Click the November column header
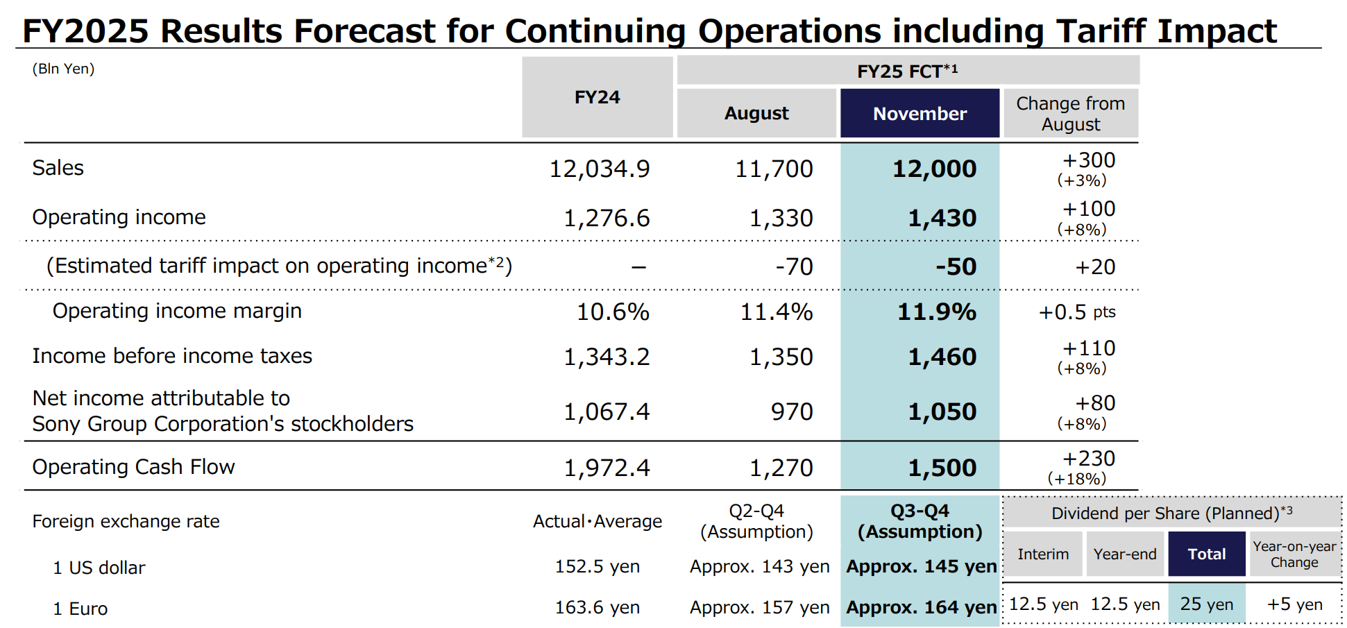pyautogui.click(x=920, y=114)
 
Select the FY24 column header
pyautogui.click(x=597, y=97)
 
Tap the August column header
pyautogui.click(x=756, y=113)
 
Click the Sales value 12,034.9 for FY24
pyautogui.click(x=600, y=169)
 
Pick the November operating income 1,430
pyautogui.click(x=942, y=219)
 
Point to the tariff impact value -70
pyautogui.click(x=794, y=266)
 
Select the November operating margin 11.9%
pyautogui.click(x=937, y=312)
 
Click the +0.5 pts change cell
pyautogui.click(x=1076, y=312)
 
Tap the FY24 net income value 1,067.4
pyautogui.click(x=607, y=412)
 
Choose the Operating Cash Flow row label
pyautogui.click(x=133, y=467)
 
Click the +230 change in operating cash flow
pyautogui.click(x=1088, y=459)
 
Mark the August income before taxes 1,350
pyautogui.click(x=781, y=357)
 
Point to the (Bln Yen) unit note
pyautogui.click(x=63, y=69)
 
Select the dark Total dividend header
pyautogui.click(x=1206, y=554)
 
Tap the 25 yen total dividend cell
pyautogui.click(x=1206, y=604)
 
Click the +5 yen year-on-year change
pyautogui.click(x=1294, y=604)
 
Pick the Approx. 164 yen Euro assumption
pyautogui.click(x=921, y=608)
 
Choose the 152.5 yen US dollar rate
pyautogui.click(x=597, y=567)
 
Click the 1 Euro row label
pyautogui.click(x=81, y=609)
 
